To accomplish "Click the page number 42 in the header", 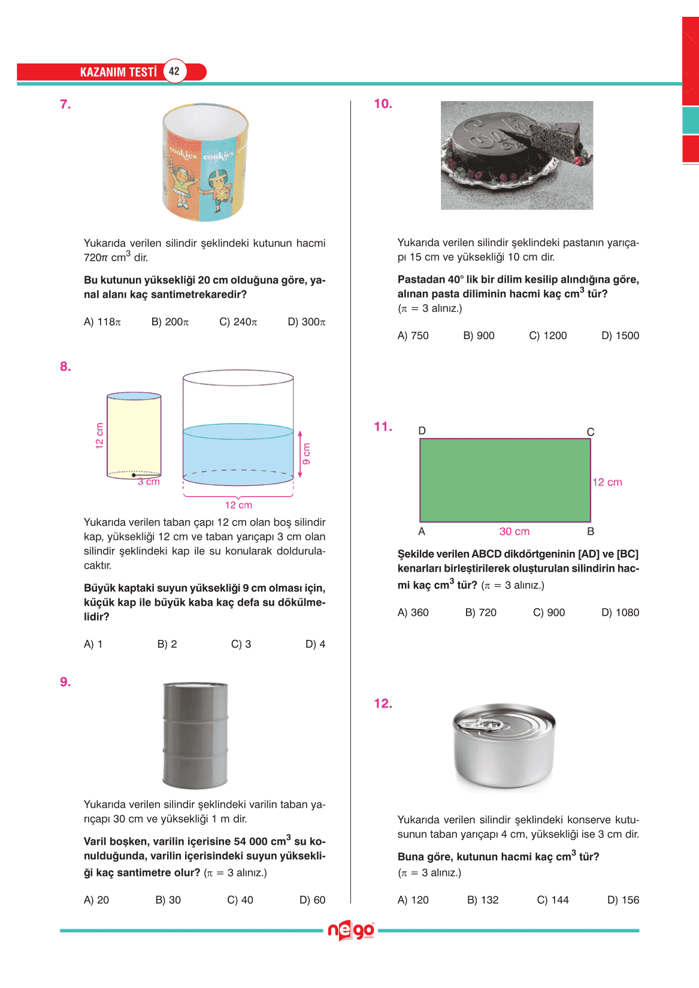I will (x=174, y=71).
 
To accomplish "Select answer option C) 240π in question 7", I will (x=238, y=322).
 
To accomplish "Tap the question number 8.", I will (x=65, y=367).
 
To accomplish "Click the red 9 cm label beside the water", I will (x=306, y=454).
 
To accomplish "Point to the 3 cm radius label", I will (x=149, y=482).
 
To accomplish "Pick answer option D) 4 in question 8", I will (x=315, y=644).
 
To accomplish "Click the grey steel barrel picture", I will (x=195, y=735).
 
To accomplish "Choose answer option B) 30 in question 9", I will (x=168, y=900).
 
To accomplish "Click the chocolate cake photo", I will (x=516, y=155).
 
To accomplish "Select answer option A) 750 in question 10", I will (x=413, y=336).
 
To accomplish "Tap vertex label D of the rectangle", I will (x=422, y=431).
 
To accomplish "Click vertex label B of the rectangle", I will (x=591, y=531).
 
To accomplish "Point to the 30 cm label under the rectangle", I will (x=514, y=531).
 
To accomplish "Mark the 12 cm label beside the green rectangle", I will (x=607, y=482).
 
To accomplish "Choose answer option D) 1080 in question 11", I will (x=620, y=612).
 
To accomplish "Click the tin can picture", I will (x=504, y=745).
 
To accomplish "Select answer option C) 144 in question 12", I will (x=552, y=900).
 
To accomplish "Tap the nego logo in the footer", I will (x=351, y=930).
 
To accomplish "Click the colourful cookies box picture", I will (x=205, y=162).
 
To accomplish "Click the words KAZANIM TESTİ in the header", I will (x=118, y=72).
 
